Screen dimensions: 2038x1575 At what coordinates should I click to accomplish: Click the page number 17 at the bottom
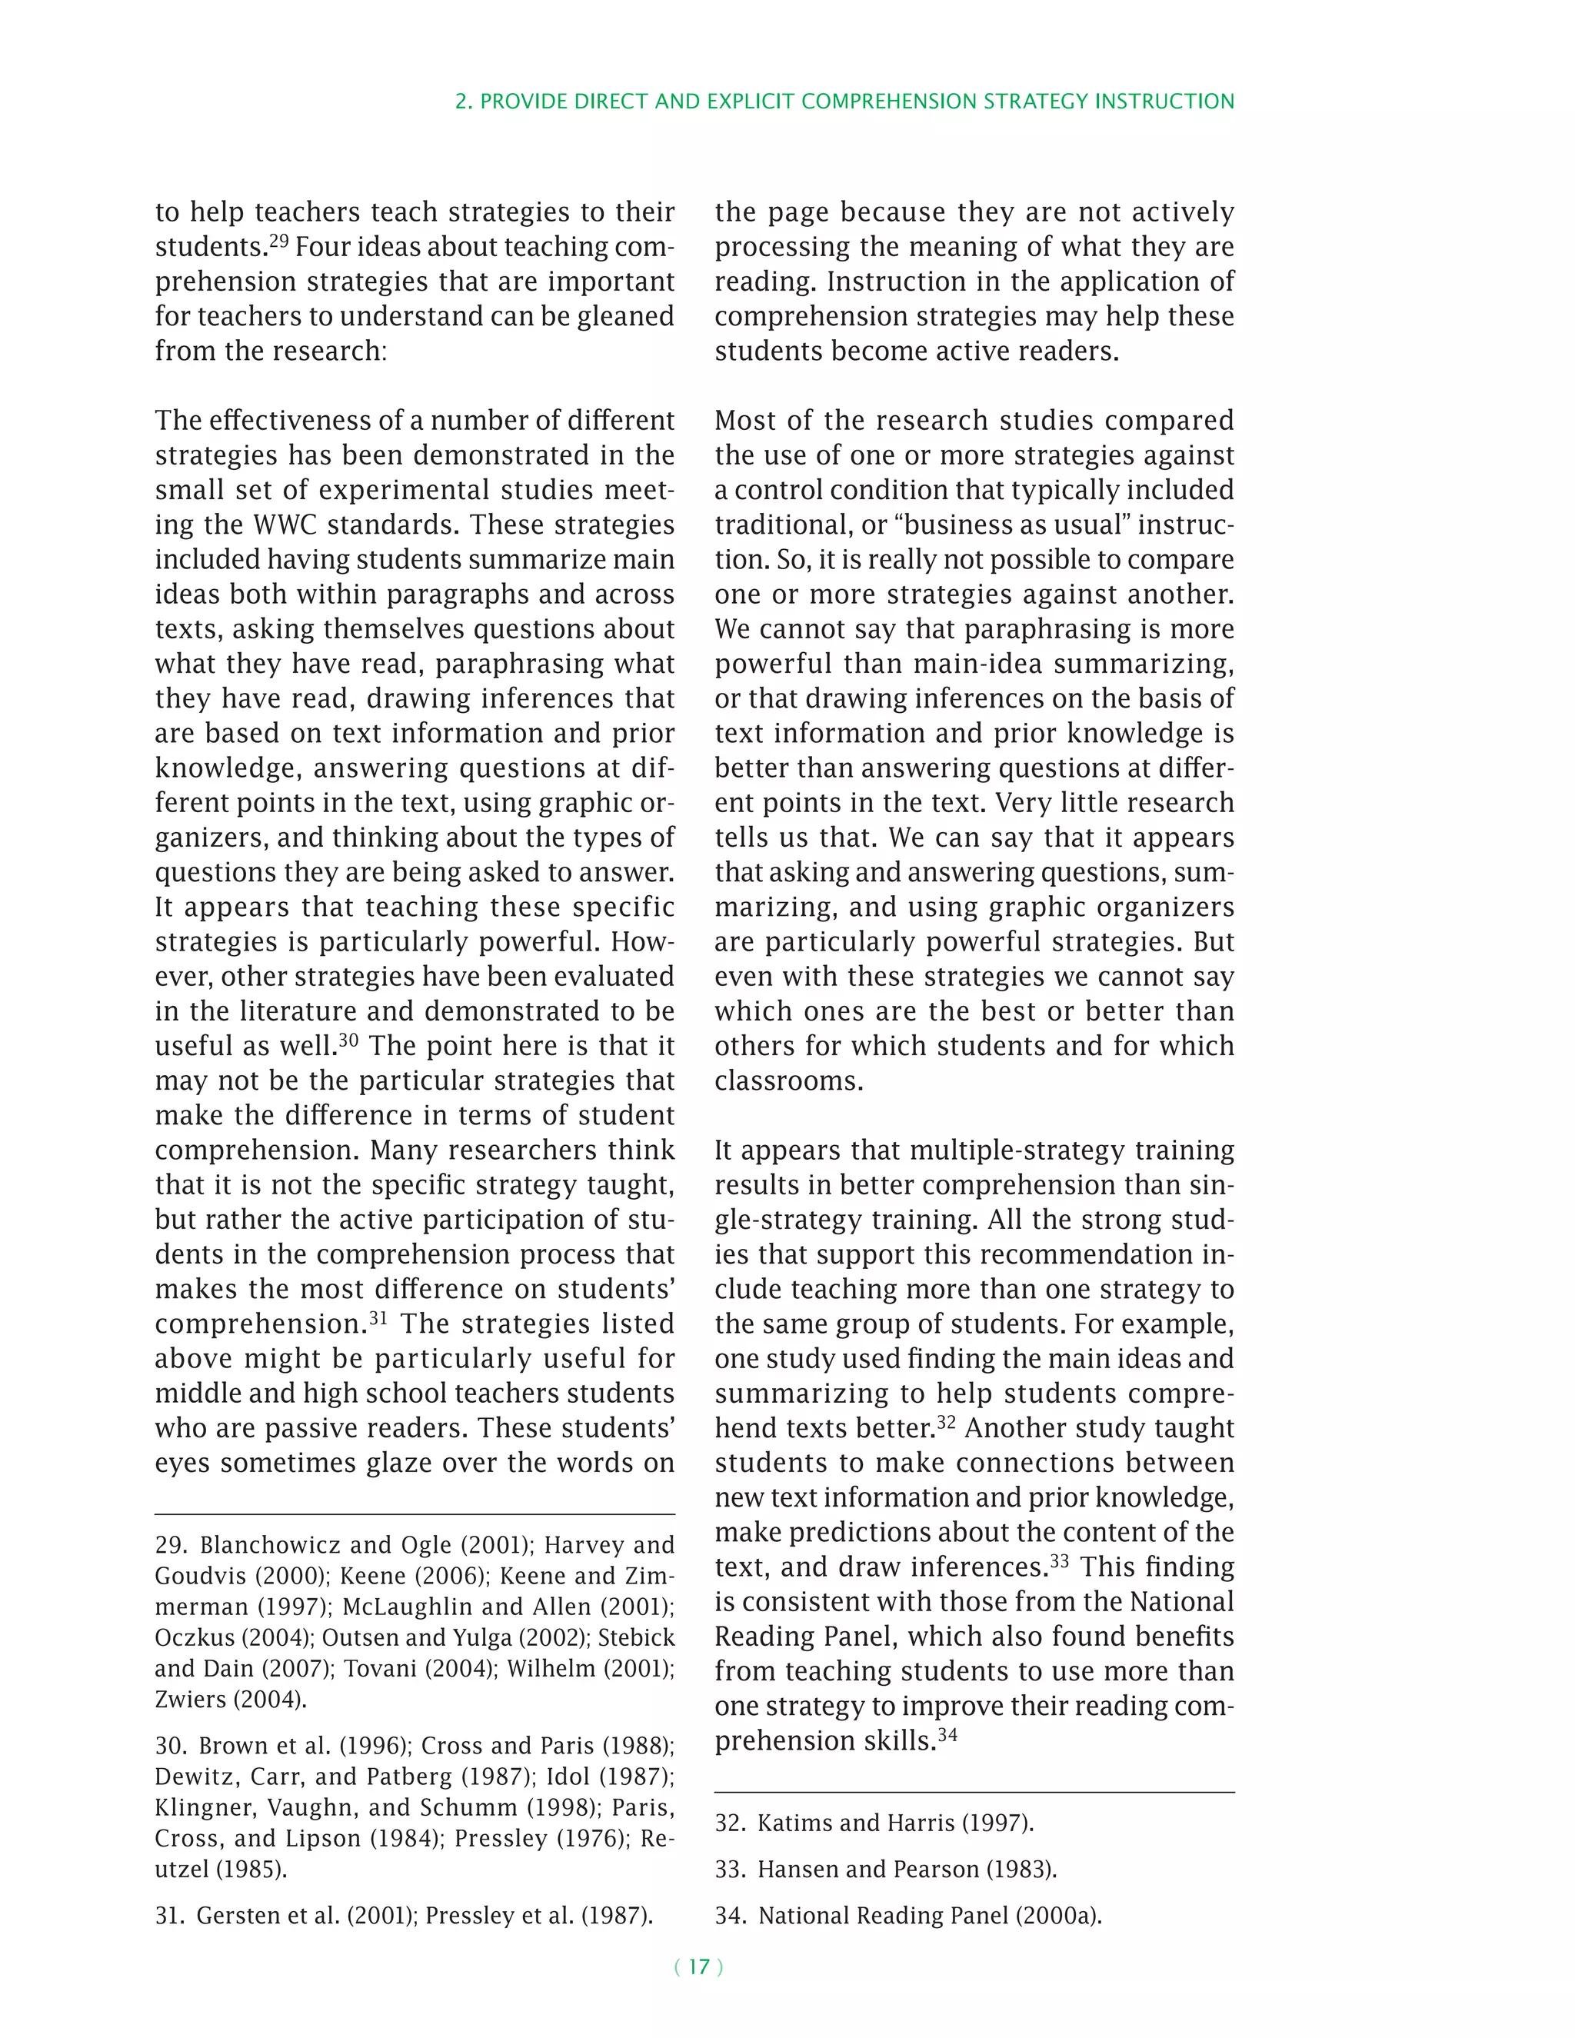click(699, 1967)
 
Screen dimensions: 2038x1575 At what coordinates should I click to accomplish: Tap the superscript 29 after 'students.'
click(279, 241)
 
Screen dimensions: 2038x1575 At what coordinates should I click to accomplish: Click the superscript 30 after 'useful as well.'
click(348, 1040)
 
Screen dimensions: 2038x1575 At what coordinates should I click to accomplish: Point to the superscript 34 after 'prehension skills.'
click(947, 1735)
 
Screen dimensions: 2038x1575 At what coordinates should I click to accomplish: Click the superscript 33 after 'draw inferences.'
click(1059, 1561)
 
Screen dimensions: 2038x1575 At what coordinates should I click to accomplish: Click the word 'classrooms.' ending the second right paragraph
click(788, 1081)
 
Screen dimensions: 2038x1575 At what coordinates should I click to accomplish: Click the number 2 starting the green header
click(461, 102)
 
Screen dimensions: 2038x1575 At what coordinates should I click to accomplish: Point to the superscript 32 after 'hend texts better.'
click(946, 1422)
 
